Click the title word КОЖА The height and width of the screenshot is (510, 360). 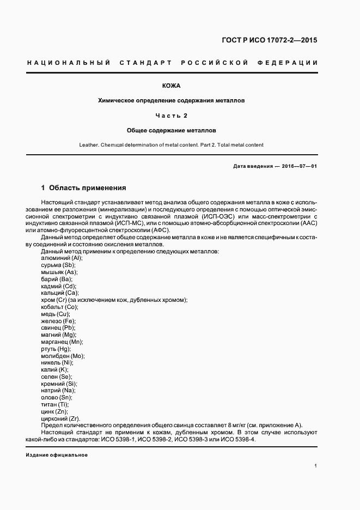click(172, 86)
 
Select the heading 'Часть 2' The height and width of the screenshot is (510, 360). click(172, 116)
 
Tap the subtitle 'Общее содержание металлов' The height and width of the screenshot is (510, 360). click(172, 131)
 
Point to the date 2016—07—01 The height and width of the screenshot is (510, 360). click(300, 166)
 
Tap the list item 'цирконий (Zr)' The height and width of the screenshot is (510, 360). click(60, 418)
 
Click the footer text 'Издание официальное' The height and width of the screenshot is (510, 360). click(57, 455)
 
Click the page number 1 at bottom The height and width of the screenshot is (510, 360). click(316, 466)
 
